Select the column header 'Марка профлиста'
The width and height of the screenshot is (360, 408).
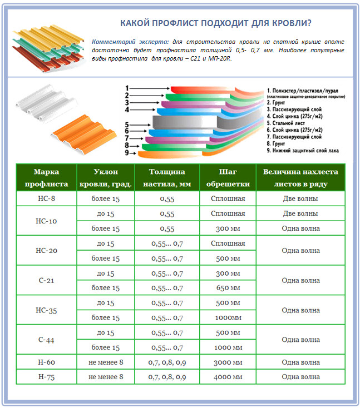(46, 177)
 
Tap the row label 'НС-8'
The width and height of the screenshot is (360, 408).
(46, 198)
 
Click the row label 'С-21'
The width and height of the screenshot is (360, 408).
(46, 281)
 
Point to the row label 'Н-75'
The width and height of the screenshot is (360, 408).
(46, 377)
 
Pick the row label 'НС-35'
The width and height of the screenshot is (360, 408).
(46, 310)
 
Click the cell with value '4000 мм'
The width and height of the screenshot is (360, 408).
(228, 377)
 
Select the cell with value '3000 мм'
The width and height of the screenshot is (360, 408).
(228, 362)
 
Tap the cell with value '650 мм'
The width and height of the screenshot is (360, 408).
(228, 288)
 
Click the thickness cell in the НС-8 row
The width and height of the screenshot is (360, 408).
(167, 198)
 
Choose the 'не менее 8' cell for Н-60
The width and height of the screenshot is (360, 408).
(105, 362)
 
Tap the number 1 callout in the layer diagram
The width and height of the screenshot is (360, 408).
(127, 88)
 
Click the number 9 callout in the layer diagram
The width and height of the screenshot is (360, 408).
(127, 152)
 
